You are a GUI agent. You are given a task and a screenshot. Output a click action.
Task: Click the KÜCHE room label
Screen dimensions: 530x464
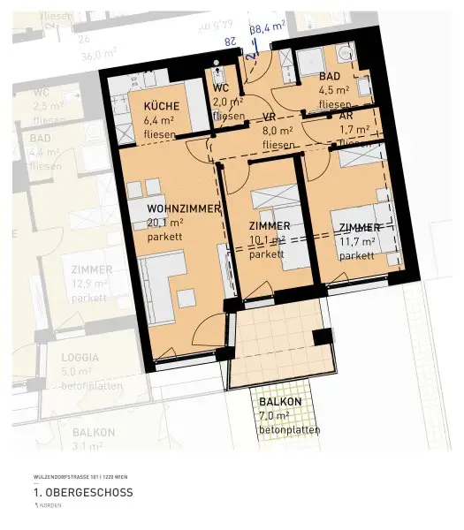[x=162, y=107]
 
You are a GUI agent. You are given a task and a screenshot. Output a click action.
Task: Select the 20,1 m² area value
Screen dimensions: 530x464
[x=164, y=223]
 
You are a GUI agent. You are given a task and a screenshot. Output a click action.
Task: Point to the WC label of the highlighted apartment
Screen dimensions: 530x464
[x=222, y=88]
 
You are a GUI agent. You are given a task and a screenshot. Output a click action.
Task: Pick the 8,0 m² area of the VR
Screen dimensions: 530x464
[x=278, y=130]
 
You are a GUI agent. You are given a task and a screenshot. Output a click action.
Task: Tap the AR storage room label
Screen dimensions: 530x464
[x=346, y=115]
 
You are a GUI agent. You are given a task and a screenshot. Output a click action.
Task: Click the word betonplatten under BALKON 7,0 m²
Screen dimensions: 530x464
[x=289, y=430]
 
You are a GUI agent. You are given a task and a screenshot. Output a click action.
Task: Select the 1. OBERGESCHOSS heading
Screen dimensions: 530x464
[x=83, y=492]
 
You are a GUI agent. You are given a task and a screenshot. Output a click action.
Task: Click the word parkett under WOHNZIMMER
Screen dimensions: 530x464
[x=165, y=237]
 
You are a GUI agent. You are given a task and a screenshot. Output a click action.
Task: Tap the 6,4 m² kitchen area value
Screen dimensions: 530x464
[x=161, y=121]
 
